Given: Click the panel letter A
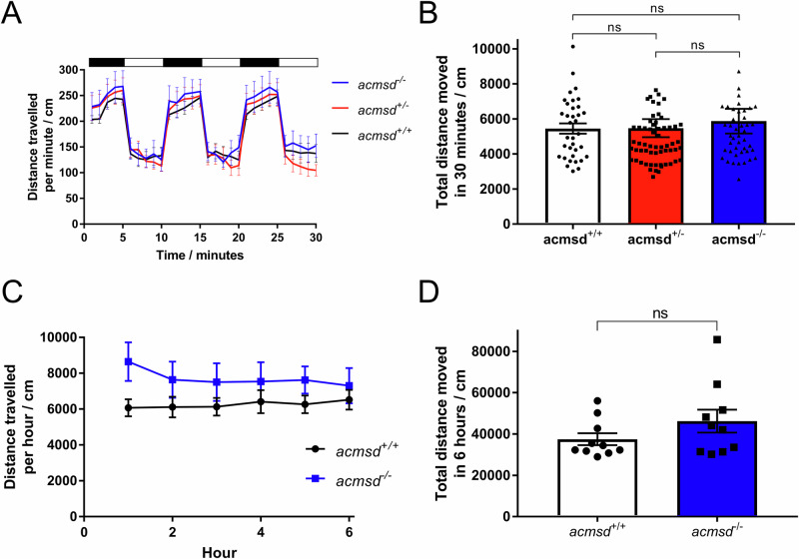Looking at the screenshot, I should pyautogui.click(x=17, y=15).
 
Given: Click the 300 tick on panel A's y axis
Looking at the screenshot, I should pyautogui.click(x=69, y=70).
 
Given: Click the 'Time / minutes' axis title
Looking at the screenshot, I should pyautogui.click(x=203, y=256).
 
